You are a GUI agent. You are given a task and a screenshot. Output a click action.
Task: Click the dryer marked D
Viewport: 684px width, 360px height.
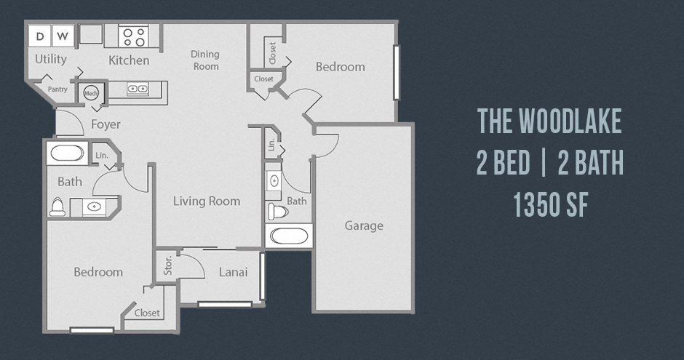(x=40, y=36)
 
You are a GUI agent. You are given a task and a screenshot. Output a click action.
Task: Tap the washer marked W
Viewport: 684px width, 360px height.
(x=63, y=36)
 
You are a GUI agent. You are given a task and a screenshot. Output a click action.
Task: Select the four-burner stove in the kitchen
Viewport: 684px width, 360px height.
(x=134, y=36)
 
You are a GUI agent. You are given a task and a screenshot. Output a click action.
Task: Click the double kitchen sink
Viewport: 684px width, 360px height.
(x=138, y=89)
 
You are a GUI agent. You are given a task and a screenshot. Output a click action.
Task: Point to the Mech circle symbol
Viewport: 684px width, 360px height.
(x=91, y=93)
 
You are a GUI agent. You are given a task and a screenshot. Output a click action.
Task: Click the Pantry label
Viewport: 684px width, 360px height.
(x=57, y=89)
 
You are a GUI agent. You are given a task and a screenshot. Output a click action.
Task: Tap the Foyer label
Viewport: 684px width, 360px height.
(x=106, y=124)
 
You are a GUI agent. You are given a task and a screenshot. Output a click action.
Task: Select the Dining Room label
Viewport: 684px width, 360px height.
(x=205, y=60)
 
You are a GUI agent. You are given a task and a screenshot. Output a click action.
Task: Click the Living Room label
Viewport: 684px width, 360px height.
(x=207, y=201)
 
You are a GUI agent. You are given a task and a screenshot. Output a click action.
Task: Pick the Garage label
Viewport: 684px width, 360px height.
(x=364, y=225)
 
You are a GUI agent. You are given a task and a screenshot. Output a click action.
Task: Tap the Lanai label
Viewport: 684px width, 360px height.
(x=233, y=273)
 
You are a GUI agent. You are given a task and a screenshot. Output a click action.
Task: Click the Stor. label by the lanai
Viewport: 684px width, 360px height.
(x=168, y=265)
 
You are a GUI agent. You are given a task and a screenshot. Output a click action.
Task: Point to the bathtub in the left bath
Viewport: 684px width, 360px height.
(x=67, y=153)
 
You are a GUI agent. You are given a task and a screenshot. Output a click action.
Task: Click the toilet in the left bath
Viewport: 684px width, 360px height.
(x=57, y=207)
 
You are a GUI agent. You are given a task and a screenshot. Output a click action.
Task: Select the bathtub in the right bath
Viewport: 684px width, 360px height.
(x=289, y=236)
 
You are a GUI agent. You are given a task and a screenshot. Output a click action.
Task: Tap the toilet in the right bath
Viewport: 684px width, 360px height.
(x=278, y=212)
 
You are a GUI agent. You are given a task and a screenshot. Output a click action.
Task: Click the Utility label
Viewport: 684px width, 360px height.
(x=51, y=60)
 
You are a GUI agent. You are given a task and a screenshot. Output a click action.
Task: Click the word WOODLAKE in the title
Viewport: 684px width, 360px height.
(x=570, y=121)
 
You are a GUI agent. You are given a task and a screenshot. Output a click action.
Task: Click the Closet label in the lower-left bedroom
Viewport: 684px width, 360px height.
(x=147, y=313)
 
